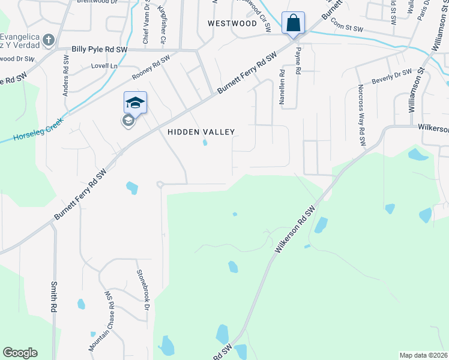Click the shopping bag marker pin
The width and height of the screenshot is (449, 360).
coord(293,24)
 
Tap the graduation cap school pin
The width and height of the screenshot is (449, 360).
coord(135,103)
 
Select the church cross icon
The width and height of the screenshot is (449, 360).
coord(49,40)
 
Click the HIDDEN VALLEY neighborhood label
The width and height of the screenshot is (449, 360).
coord(200,131)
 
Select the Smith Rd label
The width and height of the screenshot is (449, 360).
coord(54,297)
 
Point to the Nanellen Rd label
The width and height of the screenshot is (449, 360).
coord(282,87)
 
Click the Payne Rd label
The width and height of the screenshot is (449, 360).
coord(298,62)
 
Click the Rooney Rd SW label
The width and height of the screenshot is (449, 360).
coord(151,68)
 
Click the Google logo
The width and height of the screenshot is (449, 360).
coord(20,353)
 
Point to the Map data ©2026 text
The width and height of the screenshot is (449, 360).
coord(424,355)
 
